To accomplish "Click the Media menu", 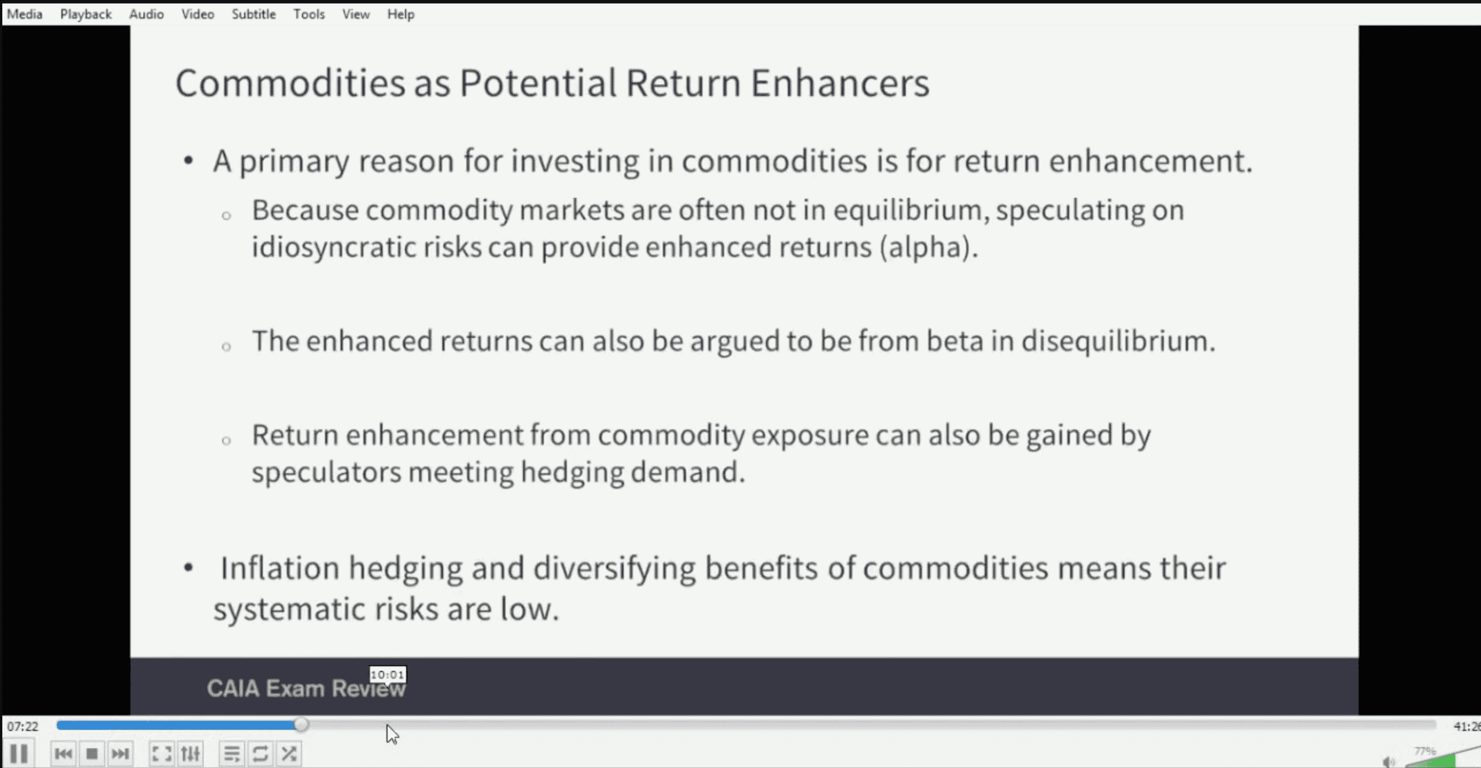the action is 24,14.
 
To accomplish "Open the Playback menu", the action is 86,14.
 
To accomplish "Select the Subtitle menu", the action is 253,14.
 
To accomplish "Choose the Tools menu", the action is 309,14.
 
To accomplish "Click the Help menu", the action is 401,14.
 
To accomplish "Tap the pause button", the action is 19,754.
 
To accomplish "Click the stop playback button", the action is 91,754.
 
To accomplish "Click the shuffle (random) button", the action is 289,754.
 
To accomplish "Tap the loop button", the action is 260,754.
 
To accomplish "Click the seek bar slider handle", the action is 301,725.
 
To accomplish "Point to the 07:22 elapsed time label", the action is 23,726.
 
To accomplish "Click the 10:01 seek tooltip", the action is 388,675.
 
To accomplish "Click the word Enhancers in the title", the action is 840,83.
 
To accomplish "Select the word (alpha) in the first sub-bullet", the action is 929,248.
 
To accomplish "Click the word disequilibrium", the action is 1118,341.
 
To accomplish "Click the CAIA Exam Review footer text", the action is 307,689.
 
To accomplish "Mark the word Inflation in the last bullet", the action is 280,568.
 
